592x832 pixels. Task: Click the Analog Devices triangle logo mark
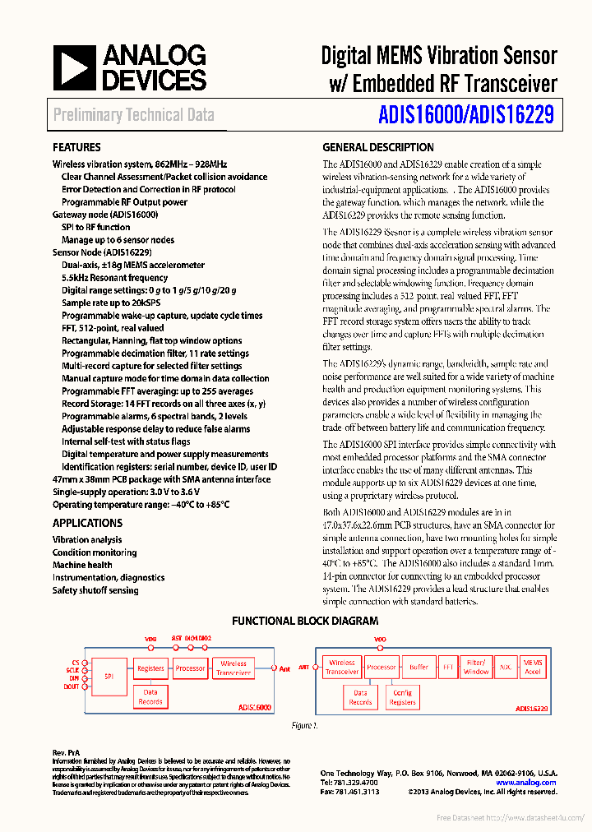tap(75, 67)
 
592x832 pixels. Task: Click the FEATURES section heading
tap(76, 148)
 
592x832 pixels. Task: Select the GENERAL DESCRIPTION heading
tap(378, 148)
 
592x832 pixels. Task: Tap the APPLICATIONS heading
tap(87, 523)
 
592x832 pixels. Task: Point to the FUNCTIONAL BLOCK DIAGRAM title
tap(305, 622)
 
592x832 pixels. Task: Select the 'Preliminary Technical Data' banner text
tap(134, 116)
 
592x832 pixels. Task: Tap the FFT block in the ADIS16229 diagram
tap(447, 668)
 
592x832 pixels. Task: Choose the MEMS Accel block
tap(533, 667)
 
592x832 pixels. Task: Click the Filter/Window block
tap(476, 667)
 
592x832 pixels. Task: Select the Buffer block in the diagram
tap(419, 668)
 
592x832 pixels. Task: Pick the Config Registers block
tap(402, 698)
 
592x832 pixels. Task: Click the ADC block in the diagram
tap(506, 668)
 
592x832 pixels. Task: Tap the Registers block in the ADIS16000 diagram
tap(150, 668)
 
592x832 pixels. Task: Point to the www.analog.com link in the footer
tap(526, 783)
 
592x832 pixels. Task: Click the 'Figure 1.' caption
tap(304, 726)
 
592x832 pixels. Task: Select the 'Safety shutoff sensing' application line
tap(95, 590)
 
